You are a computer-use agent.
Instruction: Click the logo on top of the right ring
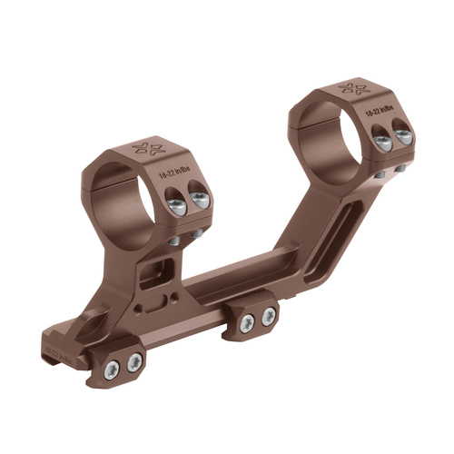pos(351,88)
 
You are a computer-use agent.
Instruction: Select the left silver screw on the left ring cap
pos(177,206)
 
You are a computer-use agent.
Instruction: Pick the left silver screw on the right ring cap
pos(383,142)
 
